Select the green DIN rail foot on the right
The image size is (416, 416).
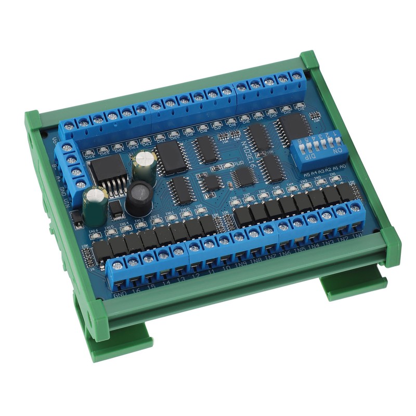click(x=354, y=286)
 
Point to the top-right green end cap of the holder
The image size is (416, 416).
click(x=309, y=60)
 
